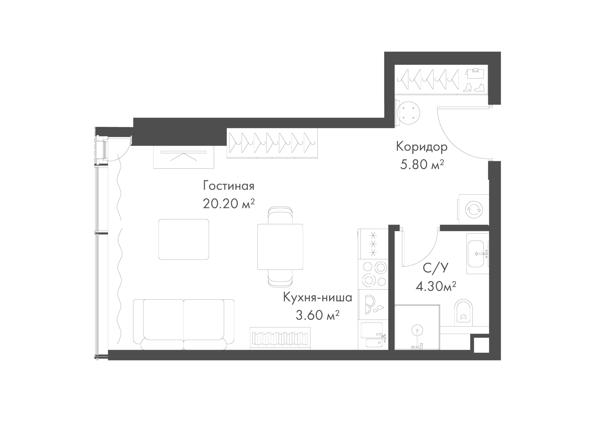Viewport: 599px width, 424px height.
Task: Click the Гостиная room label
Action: coord(229,186)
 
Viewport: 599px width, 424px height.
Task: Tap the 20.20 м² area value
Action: coord(229,204)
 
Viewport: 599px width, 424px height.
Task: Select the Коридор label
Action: coord(421,147)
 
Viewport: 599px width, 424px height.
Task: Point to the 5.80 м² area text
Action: coord(421,164)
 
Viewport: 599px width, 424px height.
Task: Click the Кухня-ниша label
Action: coord(318,297)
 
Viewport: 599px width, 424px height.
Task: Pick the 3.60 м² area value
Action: coord(318,315)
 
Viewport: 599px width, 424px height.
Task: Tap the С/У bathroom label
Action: coord(436,268)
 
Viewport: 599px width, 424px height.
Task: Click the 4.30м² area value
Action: coord(436,286)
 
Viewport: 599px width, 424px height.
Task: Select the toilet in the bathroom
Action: coord(464,312)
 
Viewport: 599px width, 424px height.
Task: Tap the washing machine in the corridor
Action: coord(473,209)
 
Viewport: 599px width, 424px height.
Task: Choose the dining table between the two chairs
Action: coord(280,247)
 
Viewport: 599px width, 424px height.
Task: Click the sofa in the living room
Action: coord(184,325)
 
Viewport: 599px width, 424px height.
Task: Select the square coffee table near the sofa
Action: coord(184,239)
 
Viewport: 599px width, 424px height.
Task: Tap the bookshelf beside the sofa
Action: coord(280,338)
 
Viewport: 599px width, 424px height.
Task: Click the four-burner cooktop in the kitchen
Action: coord(373,274)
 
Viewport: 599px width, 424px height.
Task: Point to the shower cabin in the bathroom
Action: coord(417,327)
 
